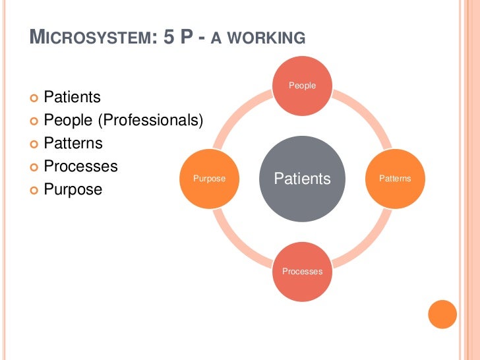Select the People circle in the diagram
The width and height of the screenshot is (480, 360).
302,86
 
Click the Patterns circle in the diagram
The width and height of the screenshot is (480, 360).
395,179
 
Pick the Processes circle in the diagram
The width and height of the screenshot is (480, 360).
302,271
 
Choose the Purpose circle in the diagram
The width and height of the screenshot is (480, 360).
209,179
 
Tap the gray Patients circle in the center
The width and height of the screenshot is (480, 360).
302,179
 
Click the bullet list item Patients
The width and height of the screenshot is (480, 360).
72,98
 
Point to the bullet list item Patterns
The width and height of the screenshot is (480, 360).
73,143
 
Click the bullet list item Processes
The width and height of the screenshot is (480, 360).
80,166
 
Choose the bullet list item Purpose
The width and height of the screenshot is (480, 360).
73,189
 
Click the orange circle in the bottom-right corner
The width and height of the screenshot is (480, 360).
442,314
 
